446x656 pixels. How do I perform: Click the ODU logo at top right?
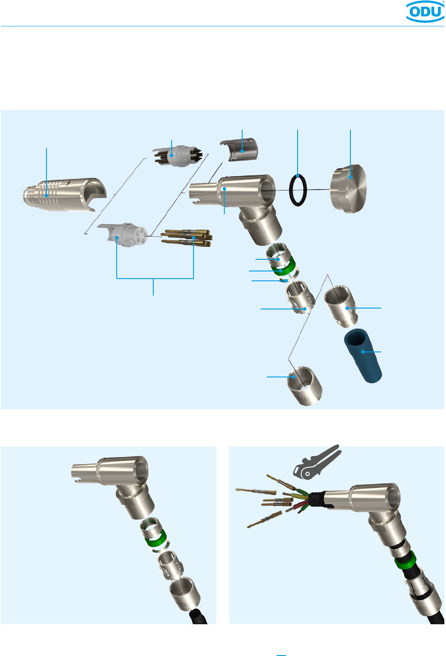(425, 11)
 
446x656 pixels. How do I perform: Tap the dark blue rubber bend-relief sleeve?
(363, 356)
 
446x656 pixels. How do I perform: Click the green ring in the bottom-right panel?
(404, 561)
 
